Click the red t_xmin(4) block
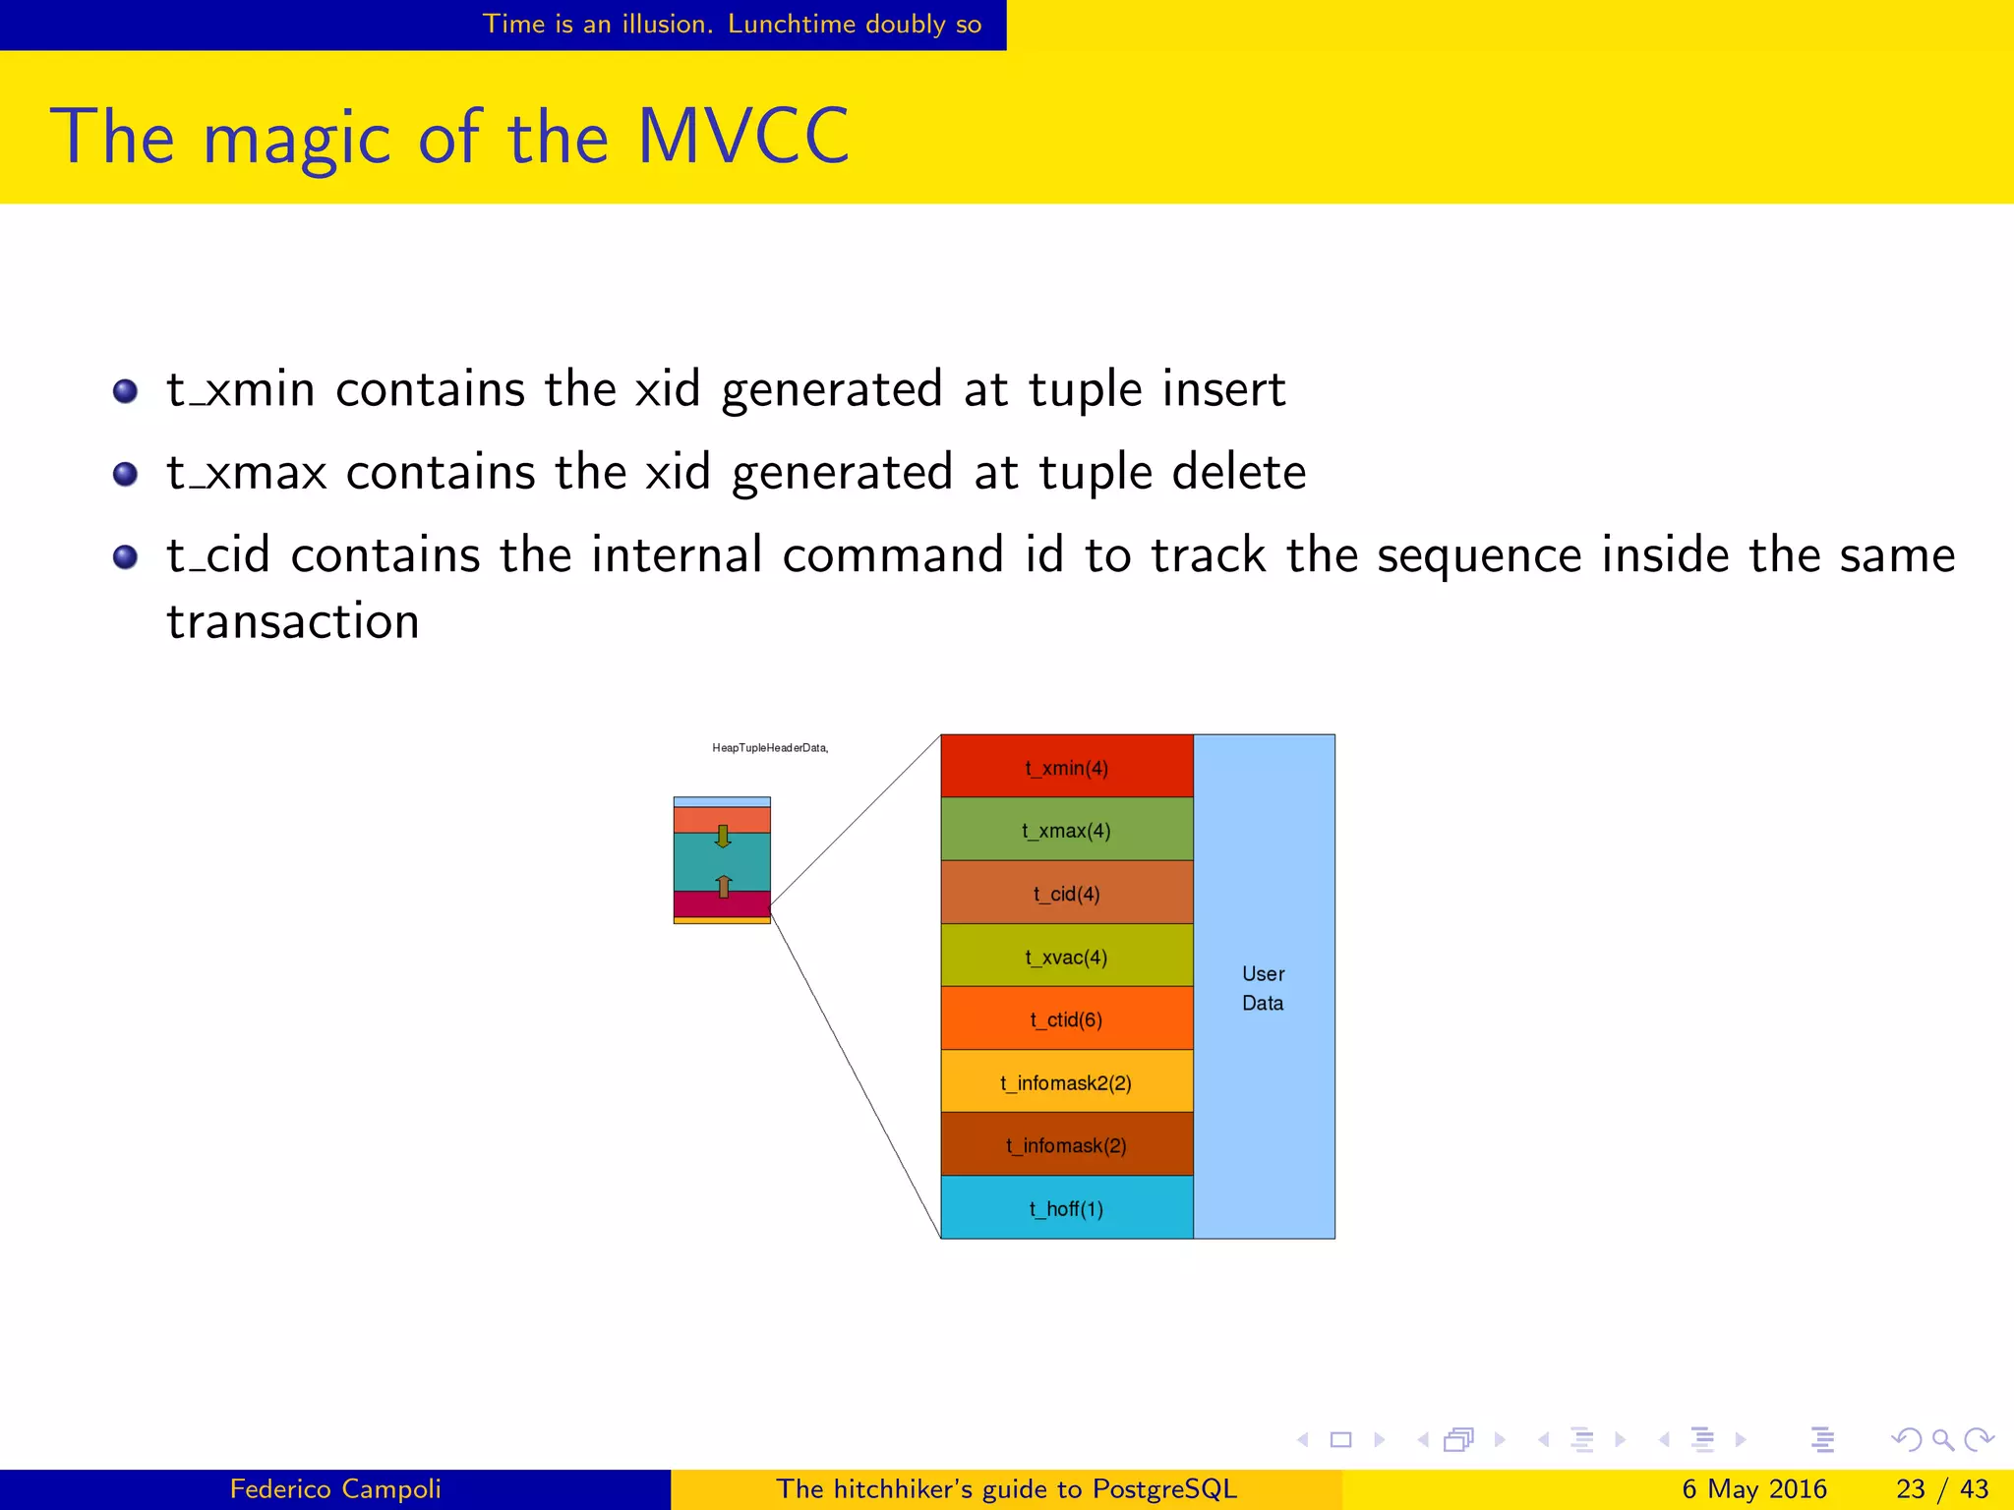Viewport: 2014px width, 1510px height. coord(1066,767)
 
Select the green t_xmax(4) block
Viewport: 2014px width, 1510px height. coord(1066,830)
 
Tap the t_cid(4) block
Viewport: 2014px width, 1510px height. coord(1066,893)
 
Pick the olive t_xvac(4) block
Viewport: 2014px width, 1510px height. coord(1066,956)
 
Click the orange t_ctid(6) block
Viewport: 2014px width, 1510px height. coord(1066,1018)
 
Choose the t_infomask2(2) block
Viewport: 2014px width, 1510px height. coord(1066,1081)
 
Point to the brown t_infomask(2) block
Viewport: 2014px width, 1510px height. coord(1066,1144)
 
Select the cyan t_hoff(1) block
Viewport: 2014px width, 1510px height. coord(1066,1207)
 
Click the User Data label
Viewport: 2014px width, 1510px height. coord(1263,987)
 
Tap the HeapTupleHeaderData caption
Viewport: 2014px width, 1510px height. coord(769,748)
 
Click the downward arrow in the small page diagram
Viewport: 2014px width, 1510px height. coord(723,837)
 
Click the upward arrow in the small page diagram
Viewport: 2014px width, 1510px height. coord(724,886)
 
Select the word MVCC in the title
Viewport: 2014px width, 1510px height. coord(742,137)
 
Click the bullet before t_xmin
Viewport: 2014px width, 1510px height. coord(125,391)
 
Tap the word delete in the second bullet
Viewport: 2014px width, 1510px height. coord(1238,472)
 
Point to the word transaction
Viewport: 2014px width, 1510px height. coord(293,621)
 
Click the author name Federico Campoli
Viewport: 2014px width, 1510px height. coord(335,1488)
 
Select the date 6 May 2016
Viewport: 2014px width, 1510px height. coord(1753,1488)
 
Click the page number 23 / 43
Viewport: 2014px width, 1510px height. coord(1941,1488)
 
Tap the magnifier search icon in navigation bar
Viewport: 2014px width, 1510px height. coord(1942,1440)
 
